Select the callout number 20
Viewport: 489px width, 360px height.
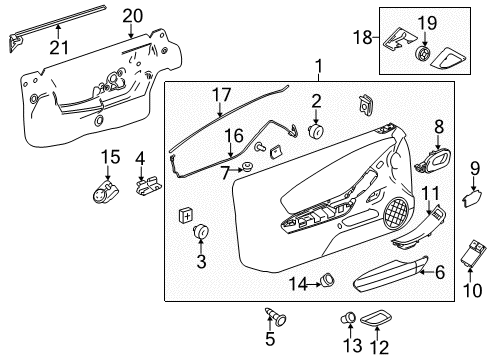pos(133,15)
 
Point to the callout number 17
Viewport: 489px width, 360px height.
pos(215,96)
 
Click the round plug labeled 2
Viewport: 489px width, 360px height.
pos(318,131)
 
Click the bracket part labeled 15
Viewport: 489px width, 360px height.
pos(105,187)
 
